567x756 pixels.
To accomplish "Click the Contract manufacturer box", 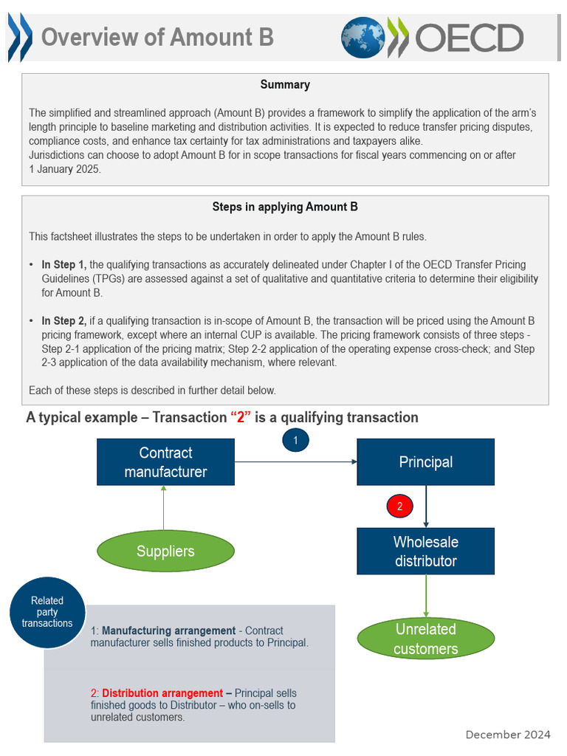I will click(x=165, y=462).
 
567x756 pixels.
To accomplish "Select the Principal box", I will click(x=425, y=462).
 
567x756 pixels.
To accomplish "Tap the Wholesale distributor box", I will click(x=425, y=551).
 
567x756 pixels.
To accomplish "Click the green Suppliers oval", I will click(x=165, y=551).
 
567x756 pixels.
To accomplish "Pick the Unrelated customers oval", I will click(x=425, y=639).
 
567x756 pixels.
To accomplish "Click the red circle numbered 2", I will click(x=399, y=506).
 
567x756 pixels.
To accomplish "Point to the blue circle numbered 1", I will click(x=295, y=440).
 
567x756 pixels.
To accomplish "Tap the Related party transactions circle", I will click(x=47, y=612).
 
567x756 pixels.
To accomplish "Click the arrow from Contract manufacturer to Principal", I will click(x=295, y=462).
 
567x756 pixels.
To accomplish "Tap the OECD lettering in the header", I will click(x=470, y=38).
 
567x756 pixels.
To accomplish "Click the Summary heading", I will click(x=285, y=85).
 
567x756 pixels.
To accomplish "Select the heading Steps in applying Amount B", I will click(x=285, y=207).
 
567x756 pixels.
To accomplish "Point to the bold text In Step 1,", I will click(x=64, y=264).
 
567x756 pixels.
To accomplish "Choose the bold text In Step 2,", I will click(x=64, y=321).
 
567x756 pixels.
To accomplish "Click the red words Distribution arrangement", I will click(x=162, y=693).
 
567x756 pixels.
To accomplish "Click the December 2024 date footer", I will click(x=508, y=734).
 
